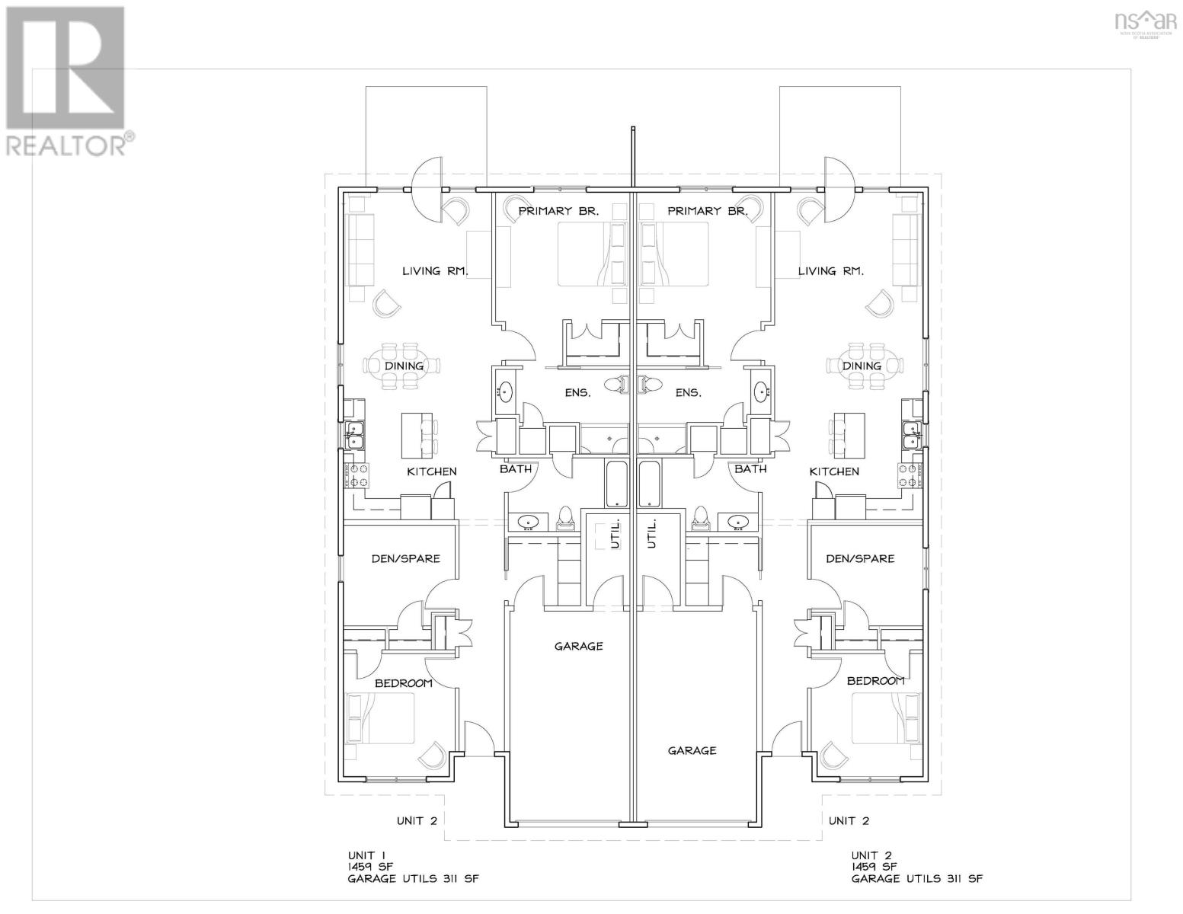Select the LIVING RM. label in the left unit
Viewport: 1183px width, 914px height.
[434, 270]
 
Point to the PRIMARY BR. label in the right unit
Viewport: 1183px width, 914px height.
[708, 210]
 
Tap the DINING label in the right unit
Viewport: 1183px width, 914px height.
[862, 366]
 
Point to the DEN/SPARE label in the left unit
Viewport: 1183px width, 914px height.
[405, 558]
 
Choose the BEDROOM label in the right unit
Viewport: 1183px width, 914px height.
[875, 680]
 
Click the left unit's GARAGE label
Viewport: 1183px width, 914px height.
[578, 646]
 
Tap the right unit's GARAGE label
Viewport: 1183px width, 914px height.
[692, 750]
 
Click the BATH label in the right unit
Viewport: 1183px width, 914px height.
[750, 468]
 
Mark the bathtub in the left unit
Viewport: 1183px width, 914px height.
[615, 483]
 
